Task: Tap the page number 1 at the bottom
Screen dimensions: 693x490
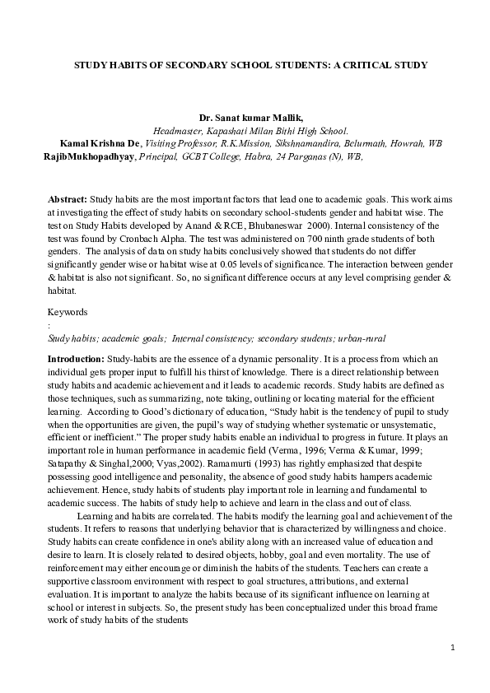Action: tap(452, 648)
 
